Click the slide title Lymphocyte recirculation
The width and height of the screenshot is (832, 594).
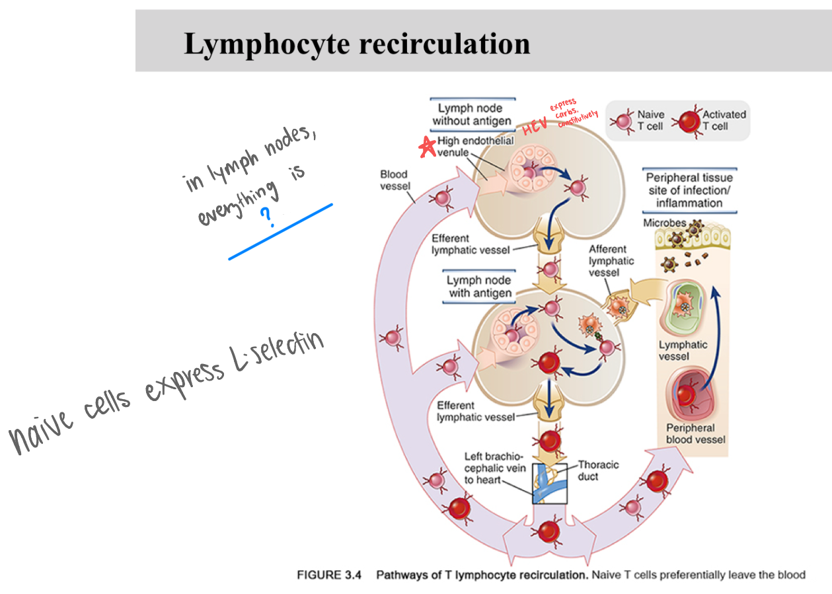pos(357,44)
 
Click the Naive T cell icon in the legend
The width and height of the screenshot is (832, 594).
pos(622,121)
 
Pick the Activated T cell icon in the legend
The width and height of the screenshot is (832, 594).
pos(688,121)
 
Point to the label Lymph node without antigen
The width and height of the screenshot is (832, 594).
pos(471,114)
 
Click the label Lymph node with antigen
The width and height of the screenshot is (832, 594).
pos(478,287)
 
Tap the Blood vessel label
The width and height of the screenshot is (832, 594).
pos(394,180)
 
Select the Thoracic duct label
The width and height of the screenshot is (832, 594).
pos(598,470)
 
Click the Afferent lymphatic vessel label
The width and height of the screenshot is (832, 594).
pos(607,260)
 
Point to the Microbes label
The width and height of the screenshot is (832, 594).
pos(664,223)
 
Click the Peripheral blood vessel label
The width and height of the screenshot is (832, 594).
pos(695,433)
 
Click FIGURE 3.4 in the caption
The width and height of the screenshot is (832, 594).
pos(329,575)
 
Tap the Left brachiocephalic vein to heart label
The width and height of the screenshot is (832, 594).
pos(494,468)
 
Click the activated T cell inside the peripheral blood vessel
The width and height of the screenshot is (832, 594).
pos(687,395)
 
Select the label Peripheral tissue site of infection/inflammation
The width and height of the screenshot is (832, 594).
pos(689,190)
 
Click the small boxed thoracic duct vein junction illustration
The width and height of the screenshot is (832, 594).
pos(549,483)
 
